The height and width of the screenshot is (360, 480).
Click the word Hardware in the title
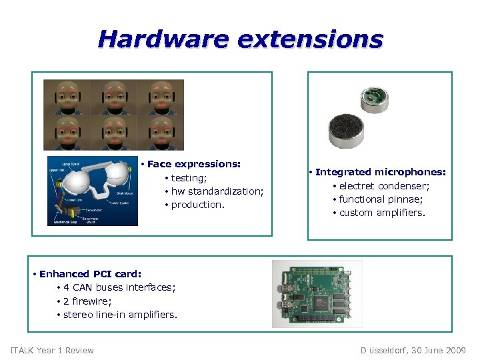coord(163,39)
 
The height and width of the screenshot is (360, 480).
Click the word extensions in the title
coord(310,39)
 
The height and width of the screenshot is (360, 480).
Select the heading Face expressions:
coord(194,164)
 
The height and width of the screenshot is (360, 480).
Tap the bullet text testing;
coord(189,178)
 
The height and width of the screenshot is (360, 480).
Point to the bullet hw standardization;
coord(217,191)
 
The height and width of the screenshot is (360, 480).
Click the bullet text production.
coord(198,205)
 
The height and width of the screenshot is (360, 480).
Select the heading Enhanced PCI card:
coord(90,274)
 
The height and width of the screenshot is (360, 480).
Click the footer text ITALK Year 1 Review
coord(52,351)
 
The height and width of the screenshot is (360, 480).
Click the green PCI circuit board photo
coord(317,293)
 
